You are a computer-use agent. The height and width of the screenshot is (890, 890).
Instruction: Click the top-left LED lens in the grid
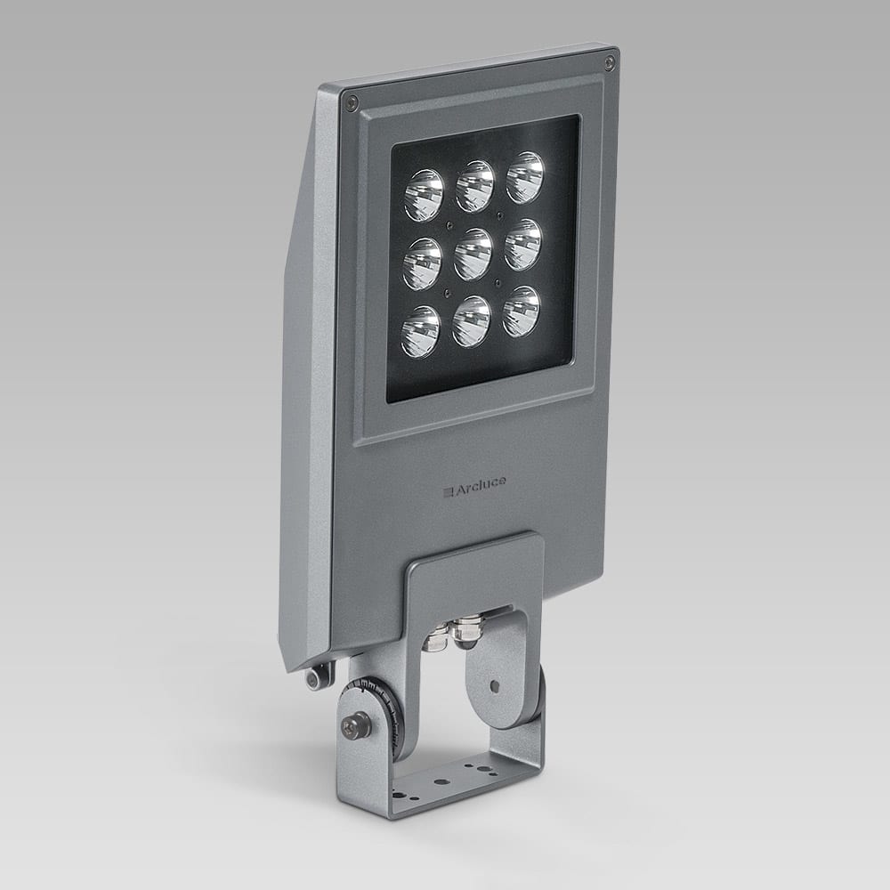[x=424, y=196]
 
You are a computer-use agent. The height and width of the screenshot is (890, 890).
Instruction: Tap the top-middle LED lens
[x=475, y=186]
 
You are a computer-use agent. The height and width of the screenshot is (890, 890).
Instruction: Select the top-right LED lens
[x=525, y=177]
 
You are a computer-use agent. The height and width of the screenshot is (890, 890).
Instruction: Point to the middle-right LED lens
[x=522, y=245]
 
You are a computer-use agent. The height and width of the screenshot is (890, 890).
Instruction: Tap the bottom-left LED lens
[x=420, y=331]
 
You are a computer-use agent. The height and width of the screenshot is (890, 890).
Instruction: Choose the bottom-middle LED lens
[x=471, y=322]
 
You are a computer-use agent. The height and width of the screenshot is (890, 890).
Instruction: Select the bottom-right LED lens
[x=521, y=312]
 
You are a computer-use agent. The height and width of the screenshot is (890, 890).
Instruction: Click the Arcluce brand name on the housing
[x=476, y=485]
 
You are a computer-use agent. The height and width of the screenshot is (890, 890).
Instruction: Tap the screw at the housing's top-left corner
[x=353, y=100]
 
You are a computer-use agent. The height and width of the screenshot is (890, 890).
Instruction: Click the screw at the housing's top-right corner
[x=609, y=62]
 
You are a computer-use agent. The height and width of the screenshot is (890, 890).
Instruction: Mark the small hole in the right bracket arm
[x=494, y=687]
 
